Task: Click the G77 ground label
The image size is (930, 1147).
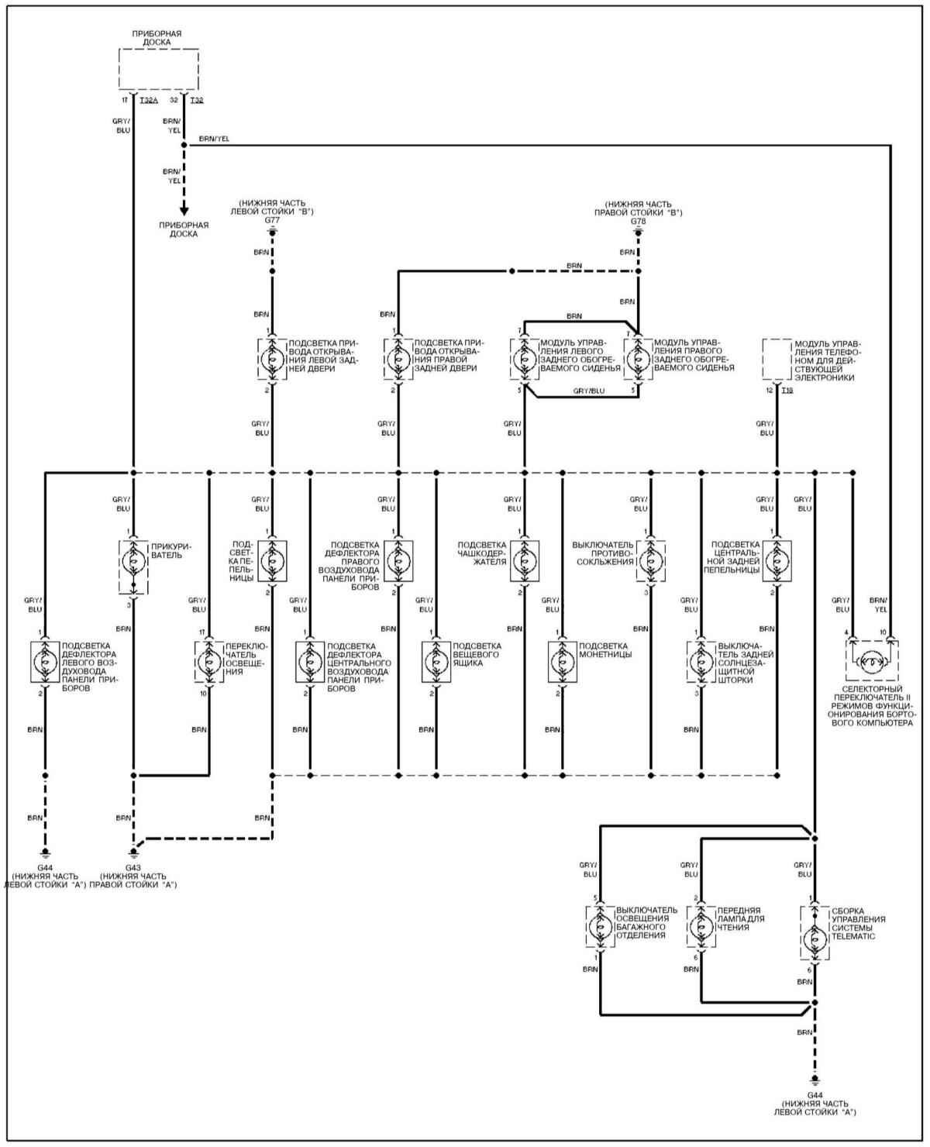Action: (272, 220)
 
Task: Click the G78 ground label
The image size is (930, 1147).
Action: (638, 221)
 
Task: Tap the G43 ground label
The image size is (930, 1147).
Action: (133, 866)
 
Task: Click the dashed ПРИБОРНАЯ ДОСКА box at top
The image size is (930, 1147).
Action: (158, 69)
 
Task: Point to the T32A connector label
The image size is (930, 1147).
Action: (149, 100)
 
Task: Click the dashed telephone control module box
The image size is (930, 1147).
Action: (777, 360)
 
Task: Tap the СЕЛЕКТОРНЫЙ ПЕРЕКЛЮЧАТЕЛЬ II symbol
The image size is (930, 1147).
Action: (871, 660)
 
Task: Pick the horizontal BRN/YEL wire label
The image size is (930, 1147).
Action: (214, 139)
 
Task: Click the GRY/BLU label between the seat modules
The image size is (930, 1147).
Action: (589, 391)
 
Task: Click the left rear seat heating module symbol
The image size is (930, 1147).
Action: (524, 360)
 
